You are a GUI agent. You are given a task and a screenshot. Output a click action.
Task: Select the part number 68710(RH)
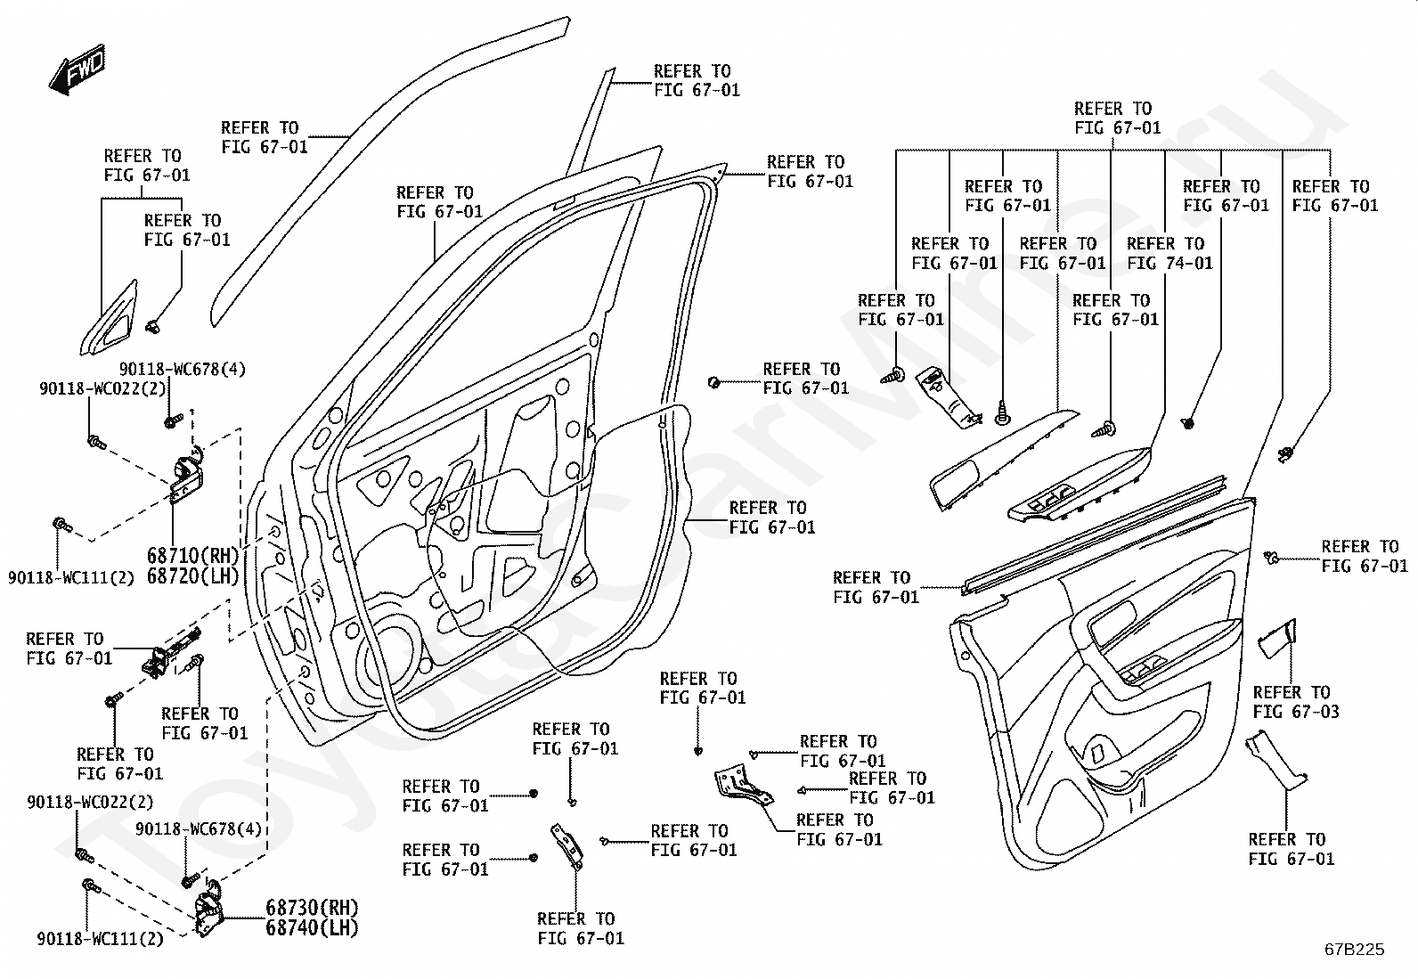click(x=192, y=556)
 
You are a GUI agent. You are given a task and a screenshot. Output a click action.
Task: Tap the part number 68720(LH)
click(x=192, y=576)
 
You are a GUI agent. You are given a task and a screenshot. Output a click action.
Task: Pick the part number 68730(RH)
click(x=312, y=908)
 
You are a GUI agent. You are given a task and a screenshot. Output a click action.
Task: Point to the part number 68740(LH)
click(x=312, y=927)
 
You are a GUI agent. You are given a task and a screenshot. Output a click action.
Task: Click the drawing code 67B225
click(x=1355, y=950)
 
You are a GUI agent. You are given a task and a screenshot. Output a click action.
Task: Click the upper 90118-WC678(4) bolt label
click(x=183, y=369)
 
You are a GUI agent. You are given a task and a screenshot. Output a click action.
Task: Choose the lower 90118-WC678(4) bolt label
click(x=199, y=829)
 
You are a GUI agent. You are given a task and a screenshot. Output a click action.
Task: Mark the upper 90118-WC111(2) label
click(x=71, y=577)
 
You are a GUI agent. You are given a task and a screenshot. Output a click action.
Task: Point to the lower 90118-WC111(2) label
click(x=100, y=939)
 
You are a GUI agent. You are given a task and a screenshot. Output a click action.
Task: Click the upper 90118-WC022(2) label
click(x=103, y=388)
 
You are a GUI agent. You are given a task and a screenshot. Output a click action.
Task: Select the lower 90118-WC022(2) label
click(x=91, y=803)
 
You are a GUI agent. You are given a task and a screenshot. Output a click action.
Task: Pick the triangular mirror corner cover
click(x=109, y=320)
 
